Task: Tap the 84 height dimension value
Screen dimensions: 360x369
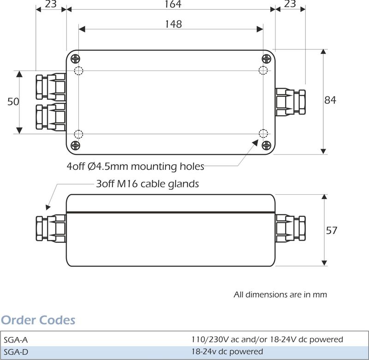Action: click(x=330, y=100)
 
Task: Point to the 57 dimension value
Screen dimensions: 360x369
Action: click(x=332, y=230)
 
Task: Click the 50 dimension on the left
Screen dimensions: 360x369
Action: click(x=13, y=102)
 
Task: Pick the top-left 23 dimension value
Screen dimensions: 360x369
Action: click(x=51, y=5)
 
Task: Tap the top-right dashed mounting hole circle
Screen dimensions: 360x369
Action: click(x=263, y=70)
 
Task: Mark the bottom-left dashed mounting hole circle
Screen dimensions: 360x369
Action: click(x=78, y=134)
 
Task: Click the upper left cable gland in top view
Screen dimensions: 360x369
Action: click(x=51, y=86)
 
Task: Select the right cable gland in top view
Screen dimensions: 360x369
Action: click(x=291, y=102)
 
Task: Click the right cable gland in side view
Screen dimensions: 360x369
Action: click(x=291, y=228)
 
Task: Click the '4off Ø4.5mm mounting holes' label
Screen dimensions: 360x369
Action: click(x=135, y=166)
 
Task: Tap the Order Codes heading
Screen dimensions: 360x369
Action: click(x=38, y=320)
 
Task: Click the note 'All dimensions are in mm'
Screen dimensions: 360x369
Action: click(x=280, y=294)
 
